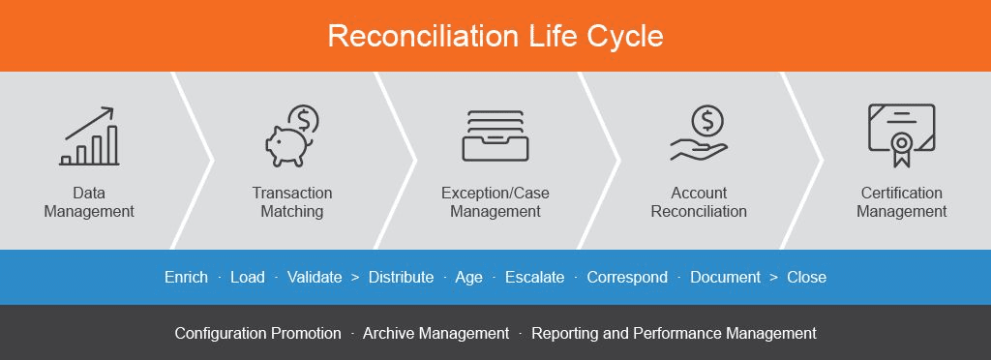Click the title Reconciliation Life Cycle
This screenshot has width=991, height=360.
click(x=495, y=36)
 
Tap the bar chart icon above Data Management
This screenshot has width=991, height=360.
click(x=89, y=137)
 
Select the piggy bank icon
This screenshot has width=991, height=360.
click(x=291, y=136)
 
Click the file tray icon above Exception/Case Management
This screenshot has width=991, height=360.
click(x=495, y=135)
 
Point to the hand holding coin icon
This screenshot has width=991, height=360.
click(x=699, y=135)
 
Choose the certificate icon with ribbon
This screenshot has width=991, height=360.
click(x=901, y=136)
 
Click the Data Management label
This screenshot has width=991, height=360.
click(x=89, y=202)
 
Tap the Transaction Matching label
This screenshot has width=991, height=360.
click(x=291, y=202)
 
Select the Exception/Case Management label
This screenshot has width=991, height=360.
click(x=495, y=202)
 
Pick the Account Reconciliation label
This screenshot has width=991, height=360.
click(x=699, y=202)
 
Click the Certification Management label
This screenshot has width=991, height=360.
click(x=901, y=202)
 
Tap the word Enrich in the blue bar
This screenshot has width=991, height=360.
click(x=186, y=277)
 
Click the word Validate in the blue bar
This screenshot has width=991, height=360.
click(x=315, y=277)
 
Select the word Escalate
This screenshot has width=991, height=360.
click(x=534, y=277)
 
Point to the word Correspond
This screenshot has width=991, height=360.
click(x=627, y=277)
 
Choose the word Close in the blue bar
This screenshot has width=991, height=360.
click(x=806, y=277)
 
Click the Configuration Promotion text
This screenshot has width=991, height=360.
click(x=257, y=333)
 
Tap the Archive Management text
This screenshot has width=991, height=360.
click(x=435, y=333)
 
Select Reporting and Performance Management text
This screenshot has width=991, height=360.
click(x=674, y=333)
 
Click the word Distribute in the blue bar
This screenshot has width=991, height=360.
click(x=401, y=277)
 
